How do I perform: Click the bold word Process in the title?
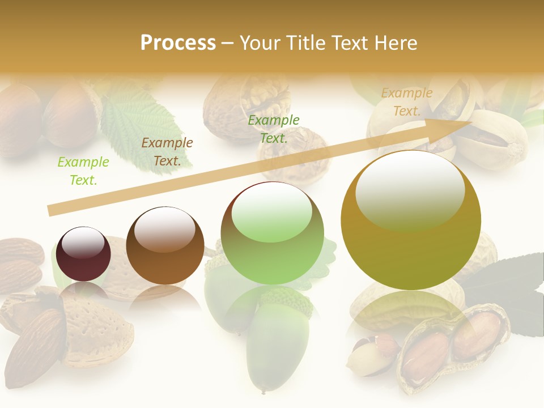tap(178, 43)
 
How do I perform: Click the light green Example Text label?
tap(83, 171)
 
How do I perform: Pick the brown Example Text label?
tap(167, 152)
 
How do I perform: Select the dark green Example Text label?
tap(274, 129)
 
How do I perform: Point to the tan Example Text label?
tap(407, 102)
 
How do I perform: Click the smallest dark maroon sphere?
tap(83, 254)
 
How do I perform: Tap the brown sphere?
tap(165, 245)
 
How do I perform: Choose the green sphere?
tap(273, 233)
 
